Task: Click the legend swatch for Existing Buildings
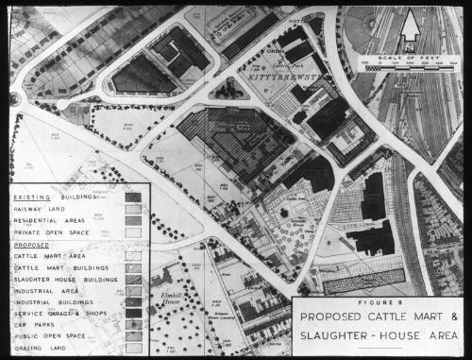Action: pos(134,197)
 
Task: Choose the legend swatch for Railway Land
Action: pos(134,209)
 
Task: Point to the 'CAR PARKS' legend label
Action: pos(36,324)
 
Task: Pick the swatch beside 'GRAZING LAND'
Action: pos(134,347)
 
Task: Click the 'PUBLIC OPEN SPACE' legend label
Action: pos(53,335)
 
